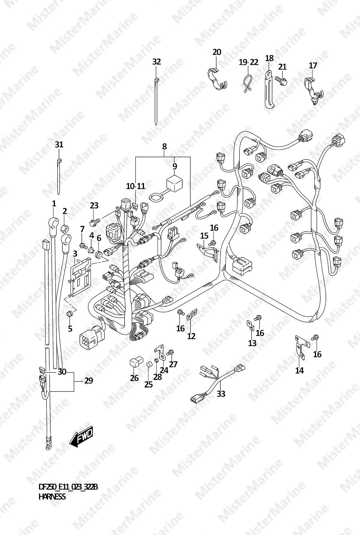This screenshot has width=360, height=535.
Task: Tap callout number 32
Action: pyautogui.click(x=157, y=62)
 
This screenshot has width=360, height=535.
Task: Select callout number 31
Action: pyautogui.click(x=59, y=145)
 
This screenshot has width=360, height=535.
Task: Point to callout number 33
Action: pyautogui.click(x=221, y=394)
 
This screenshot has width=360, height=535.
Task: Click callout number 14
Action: pyautogui.click(x=299, y=370)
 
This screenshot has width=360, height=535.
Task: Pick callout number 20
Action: pyautogui.click(x=217, y=52)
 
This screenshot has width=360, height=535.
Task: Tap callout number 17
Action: pyautogui.click(x=313, y=66)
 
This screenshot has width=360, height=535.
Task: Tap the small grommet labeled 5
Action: pyautogui.click(x=69, y=314)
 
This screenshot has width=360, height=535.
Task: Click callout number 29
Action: pyautogui.click(x=88, y=380)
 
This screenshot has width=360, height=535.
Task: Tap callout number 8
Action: pyautogui.click(x=164, y=146)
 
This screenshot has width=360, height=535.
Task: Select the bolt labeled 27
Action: pyautogui.click(x=171, y=352)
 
